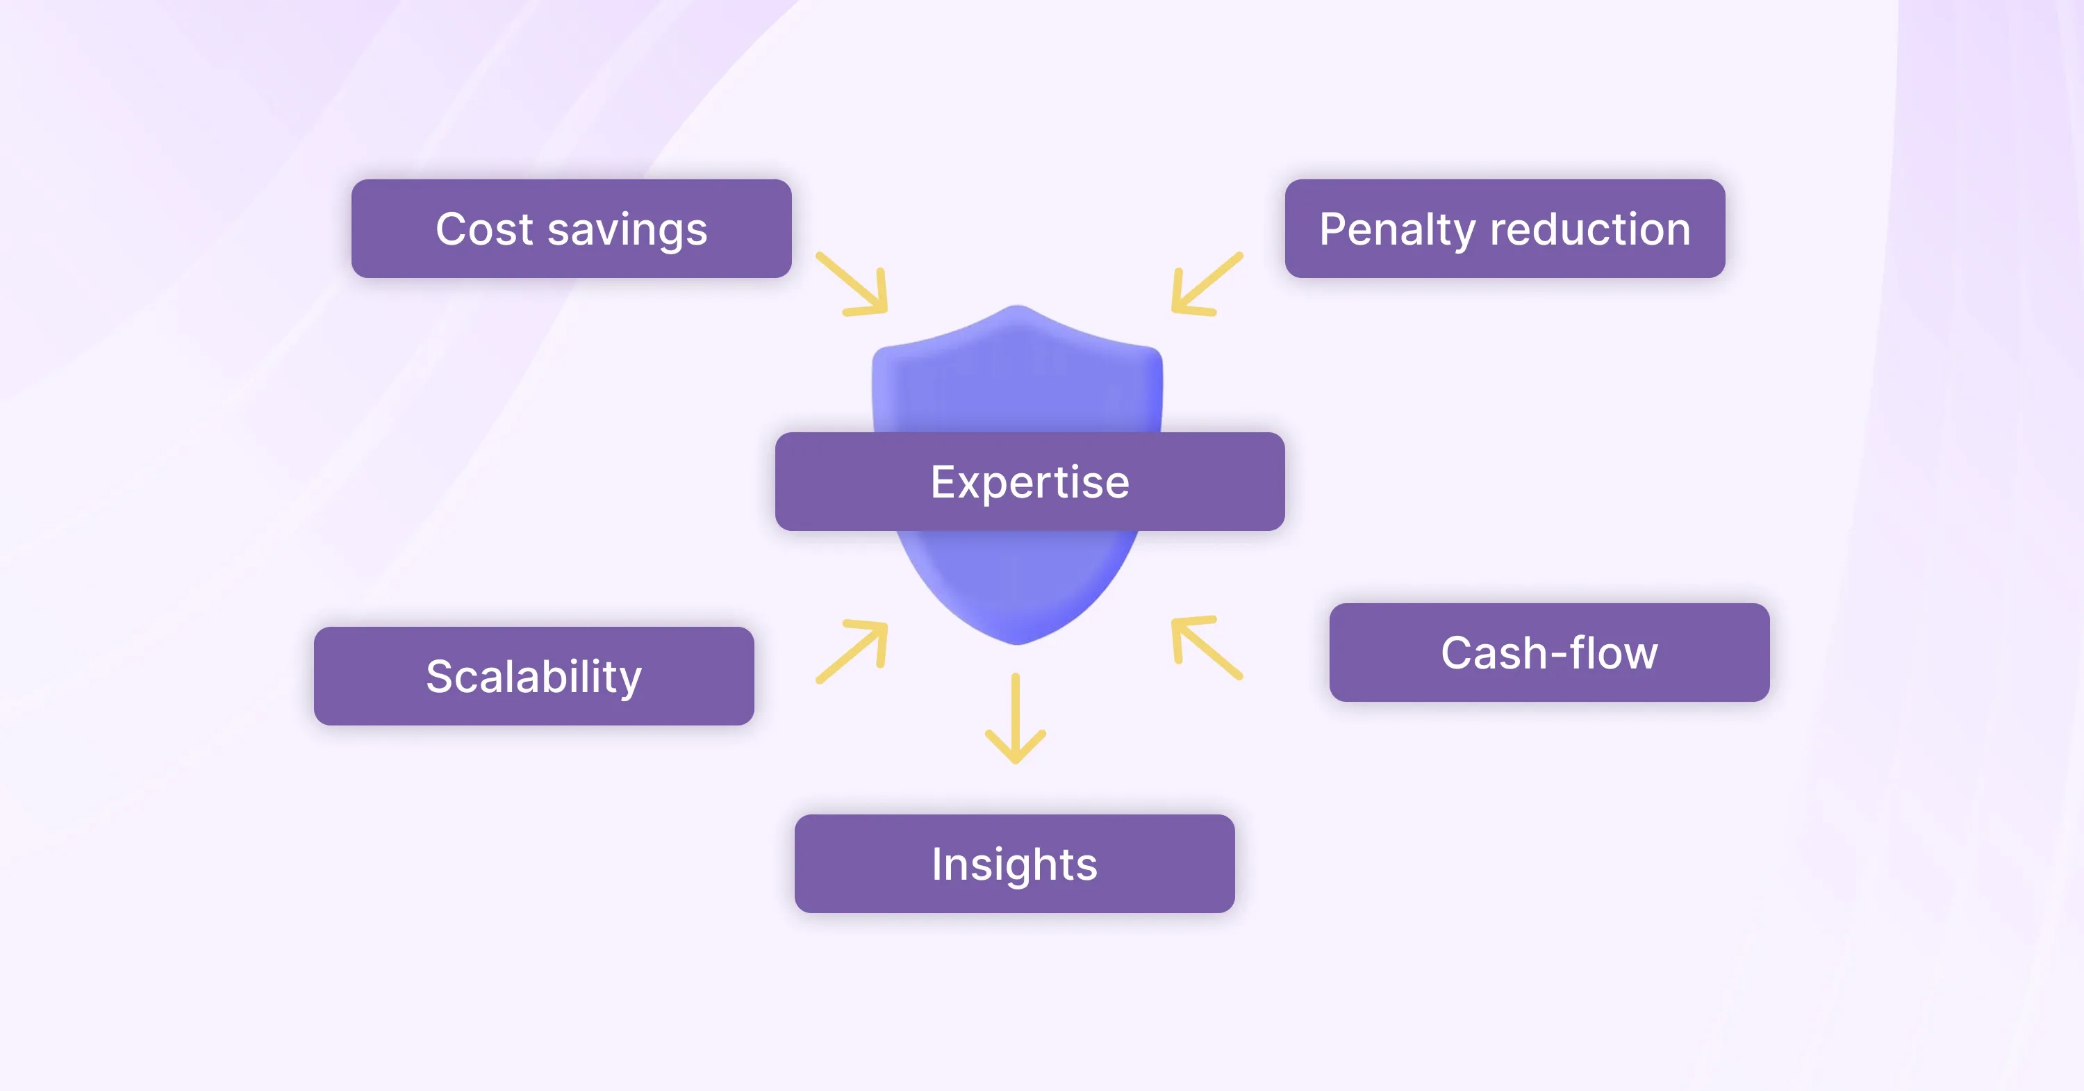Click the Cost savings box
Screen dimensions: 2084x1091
pos(571,229)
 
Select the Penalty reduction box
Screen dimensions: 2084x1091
pos(1505,229)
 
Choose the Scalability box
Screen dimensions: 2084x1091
pos(534,676)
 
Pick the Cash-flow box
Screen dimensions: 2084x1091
pos(1549,653)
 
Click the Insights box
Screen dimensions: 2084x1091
pos(1014,864)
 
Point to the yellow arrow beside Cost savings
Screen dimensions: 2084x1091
pos(852,284)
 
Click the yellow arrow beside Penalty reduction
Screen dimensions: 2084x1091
pos(1206,284)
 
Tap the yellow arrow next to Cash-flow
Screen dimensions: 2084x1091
pos(1206,648)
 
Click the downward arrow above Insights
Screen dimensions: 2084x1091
pos(1016,718)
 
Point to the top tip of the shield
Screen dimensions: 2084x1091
pos(1018,305)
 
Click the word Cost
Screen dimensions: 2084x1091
pos(483,229)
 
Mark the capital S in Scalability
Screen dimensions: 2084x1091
pos(441,677)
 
